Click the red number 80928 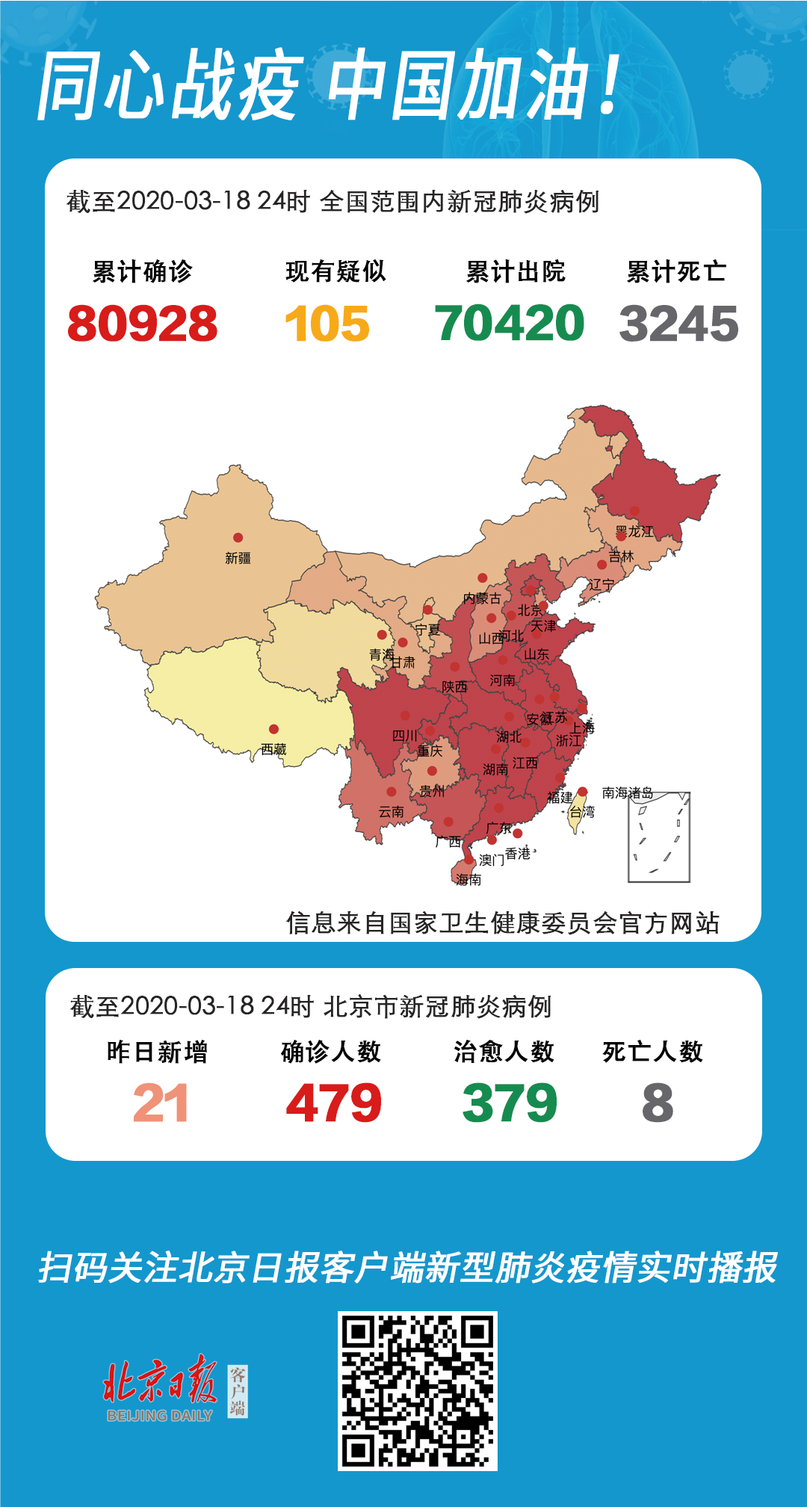pos(142,324)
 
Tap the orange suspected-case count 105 pos(327,324)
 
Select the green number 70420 pos(509,323)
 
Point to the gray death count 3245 pos(678,324)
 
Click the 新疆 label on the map pos(238,558)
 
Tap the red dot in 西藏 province pos(273,729)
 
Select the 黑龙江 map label pos(634,531)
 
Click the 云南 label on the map pos(391,811)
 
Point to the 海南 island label pos(469,880)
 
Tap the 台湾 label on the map pos(582,811)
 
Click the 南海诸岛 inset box pos(658,837)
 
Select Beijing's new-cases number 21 pos(160,1103)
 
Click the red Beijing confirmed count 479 pos(333,1103)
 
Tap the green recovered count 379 pos(510,1103)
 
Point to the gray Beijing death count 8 pos(658,1103)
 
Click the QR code pos(417,1390)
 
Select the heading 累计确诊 pos(142,271)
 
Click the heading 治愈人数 pos(504,1052)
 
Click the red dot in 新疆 pos(238,537)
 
